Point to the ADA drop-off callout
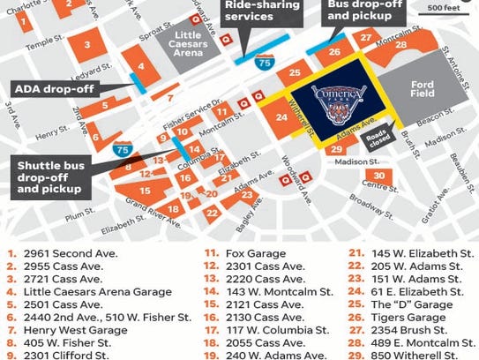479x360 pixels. click(53, 89)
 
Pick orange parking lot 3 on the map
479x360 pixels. click(86, 43)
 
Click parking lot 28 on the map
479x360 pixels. click(401, 45)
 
